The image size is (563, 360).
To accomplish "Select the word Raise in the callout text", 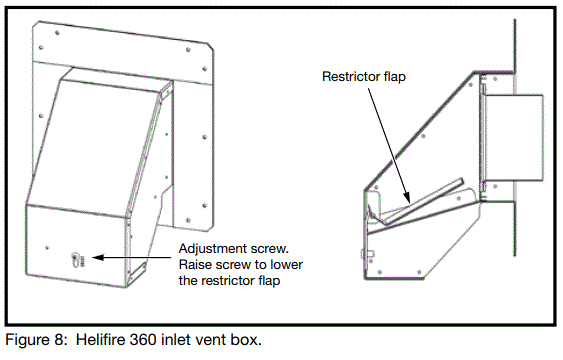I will pyautogui.click(x=195, y=264).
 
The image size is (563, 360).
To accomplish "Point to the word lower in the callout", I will pyautogui.click(x=291, y=264).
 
